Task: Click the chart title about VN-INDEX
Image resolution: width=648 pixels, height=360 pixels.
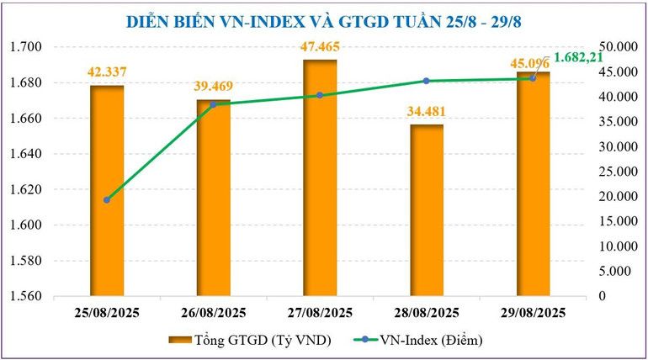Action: click(324, 21)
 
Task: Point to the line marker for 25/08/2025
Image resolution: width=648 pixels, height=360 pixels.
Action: click(107, 200)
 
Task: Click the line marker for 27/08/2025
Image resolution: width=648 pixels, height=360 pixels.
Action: click(320, 95)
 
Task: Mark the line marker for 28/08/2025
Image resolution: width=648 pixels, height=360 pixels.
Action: click(427, 81)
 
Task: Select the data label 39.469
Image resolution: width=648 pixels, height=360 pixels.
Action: click(214, 86)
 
